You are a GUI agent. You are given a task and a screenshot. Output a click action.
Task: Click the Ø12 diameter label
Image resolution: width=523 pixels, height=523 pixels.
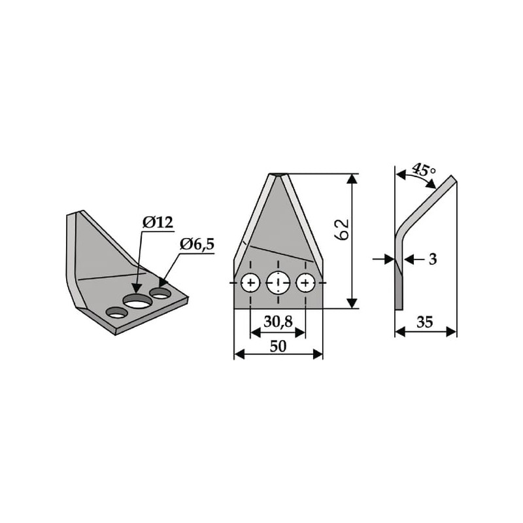158,222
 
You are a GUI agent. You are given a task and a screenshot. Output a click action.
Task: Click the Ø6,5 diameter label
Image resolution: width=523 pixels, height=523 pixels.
197,245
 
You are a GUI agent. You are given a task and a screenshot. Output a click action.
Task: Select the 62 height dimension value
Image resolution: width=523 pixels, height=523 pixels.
342,229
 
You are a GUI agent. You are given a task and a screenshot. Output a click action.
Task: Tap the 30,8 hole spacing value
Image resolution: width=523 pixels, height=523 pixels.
278,322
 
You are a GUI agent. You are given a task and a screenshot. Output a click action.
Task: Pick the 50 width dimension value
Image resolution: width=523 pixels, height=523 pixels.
278,346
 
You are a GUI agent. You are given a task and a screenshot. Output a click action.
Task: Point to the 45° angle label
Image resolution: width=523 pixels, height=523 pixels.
423,170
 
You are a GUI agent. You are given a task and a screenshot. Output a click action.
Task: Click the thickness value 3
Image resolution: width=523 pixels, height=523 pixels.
433,259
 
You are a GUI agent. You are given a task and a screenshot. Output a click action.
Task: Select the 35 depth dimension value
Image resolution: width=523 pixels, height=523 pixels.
424,322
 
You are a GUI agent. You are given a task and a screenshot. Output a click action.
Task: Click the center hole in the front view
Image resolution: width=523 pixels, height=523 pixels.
278,282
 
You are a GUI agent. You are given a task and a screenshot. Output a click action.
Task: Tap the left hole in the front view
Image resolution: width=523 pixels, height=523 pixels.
250,283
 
